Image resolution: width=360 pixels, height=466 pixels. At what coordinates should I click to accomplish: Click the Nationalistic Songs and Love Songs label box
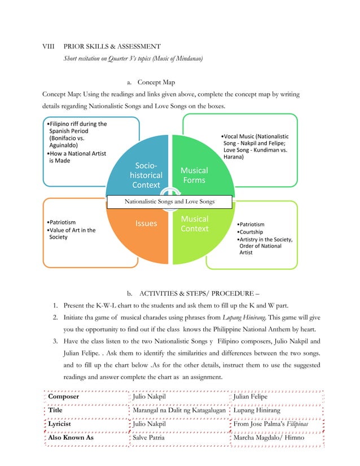click(169, 202)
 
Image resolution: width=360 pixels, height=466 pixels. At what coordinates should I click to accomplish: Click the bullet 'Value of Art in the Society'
click(72, 234)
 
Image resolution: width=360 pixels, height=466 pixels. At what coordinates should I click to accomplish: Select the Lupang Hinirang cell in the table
click(257, 410)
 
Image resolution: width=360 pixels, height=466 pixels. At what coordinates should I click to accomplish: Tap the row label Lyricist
click(63, 424)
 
